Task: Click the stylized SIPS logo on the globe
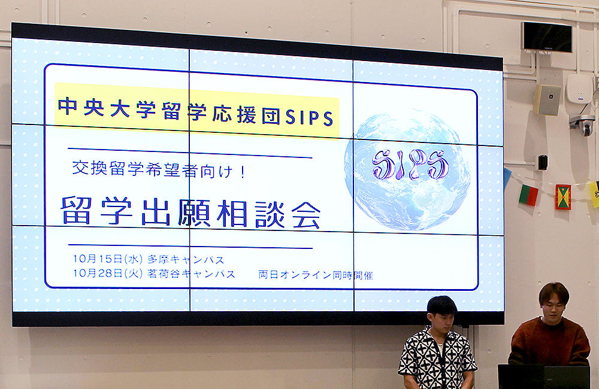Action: coord(410,165)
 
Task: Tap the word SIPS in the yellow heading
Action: coord(310,117)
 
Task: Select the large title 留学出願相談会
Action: coord(190,212)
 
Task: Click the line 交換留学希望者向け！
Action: coord(159,169)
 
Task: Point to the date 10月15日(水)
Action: coord(108,259)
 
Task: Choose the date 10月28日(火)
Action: coord(108,273)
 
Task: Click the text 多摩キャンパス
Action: coord(186,260)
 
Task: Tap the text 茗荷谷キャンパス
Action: coord(191,273)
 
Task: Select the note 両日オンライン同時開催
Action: coord(316,275)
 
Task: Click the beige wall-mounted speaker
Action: coord(547,100)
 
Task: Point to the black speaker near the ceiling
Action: coord(547,37)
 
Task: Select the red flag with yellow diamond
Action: coord(563,197)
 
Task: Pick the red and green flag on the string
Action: coord(528,195)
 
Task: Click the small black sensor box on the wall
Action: coord(543,162)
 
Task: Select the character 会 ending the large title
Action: coord(306,215)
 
